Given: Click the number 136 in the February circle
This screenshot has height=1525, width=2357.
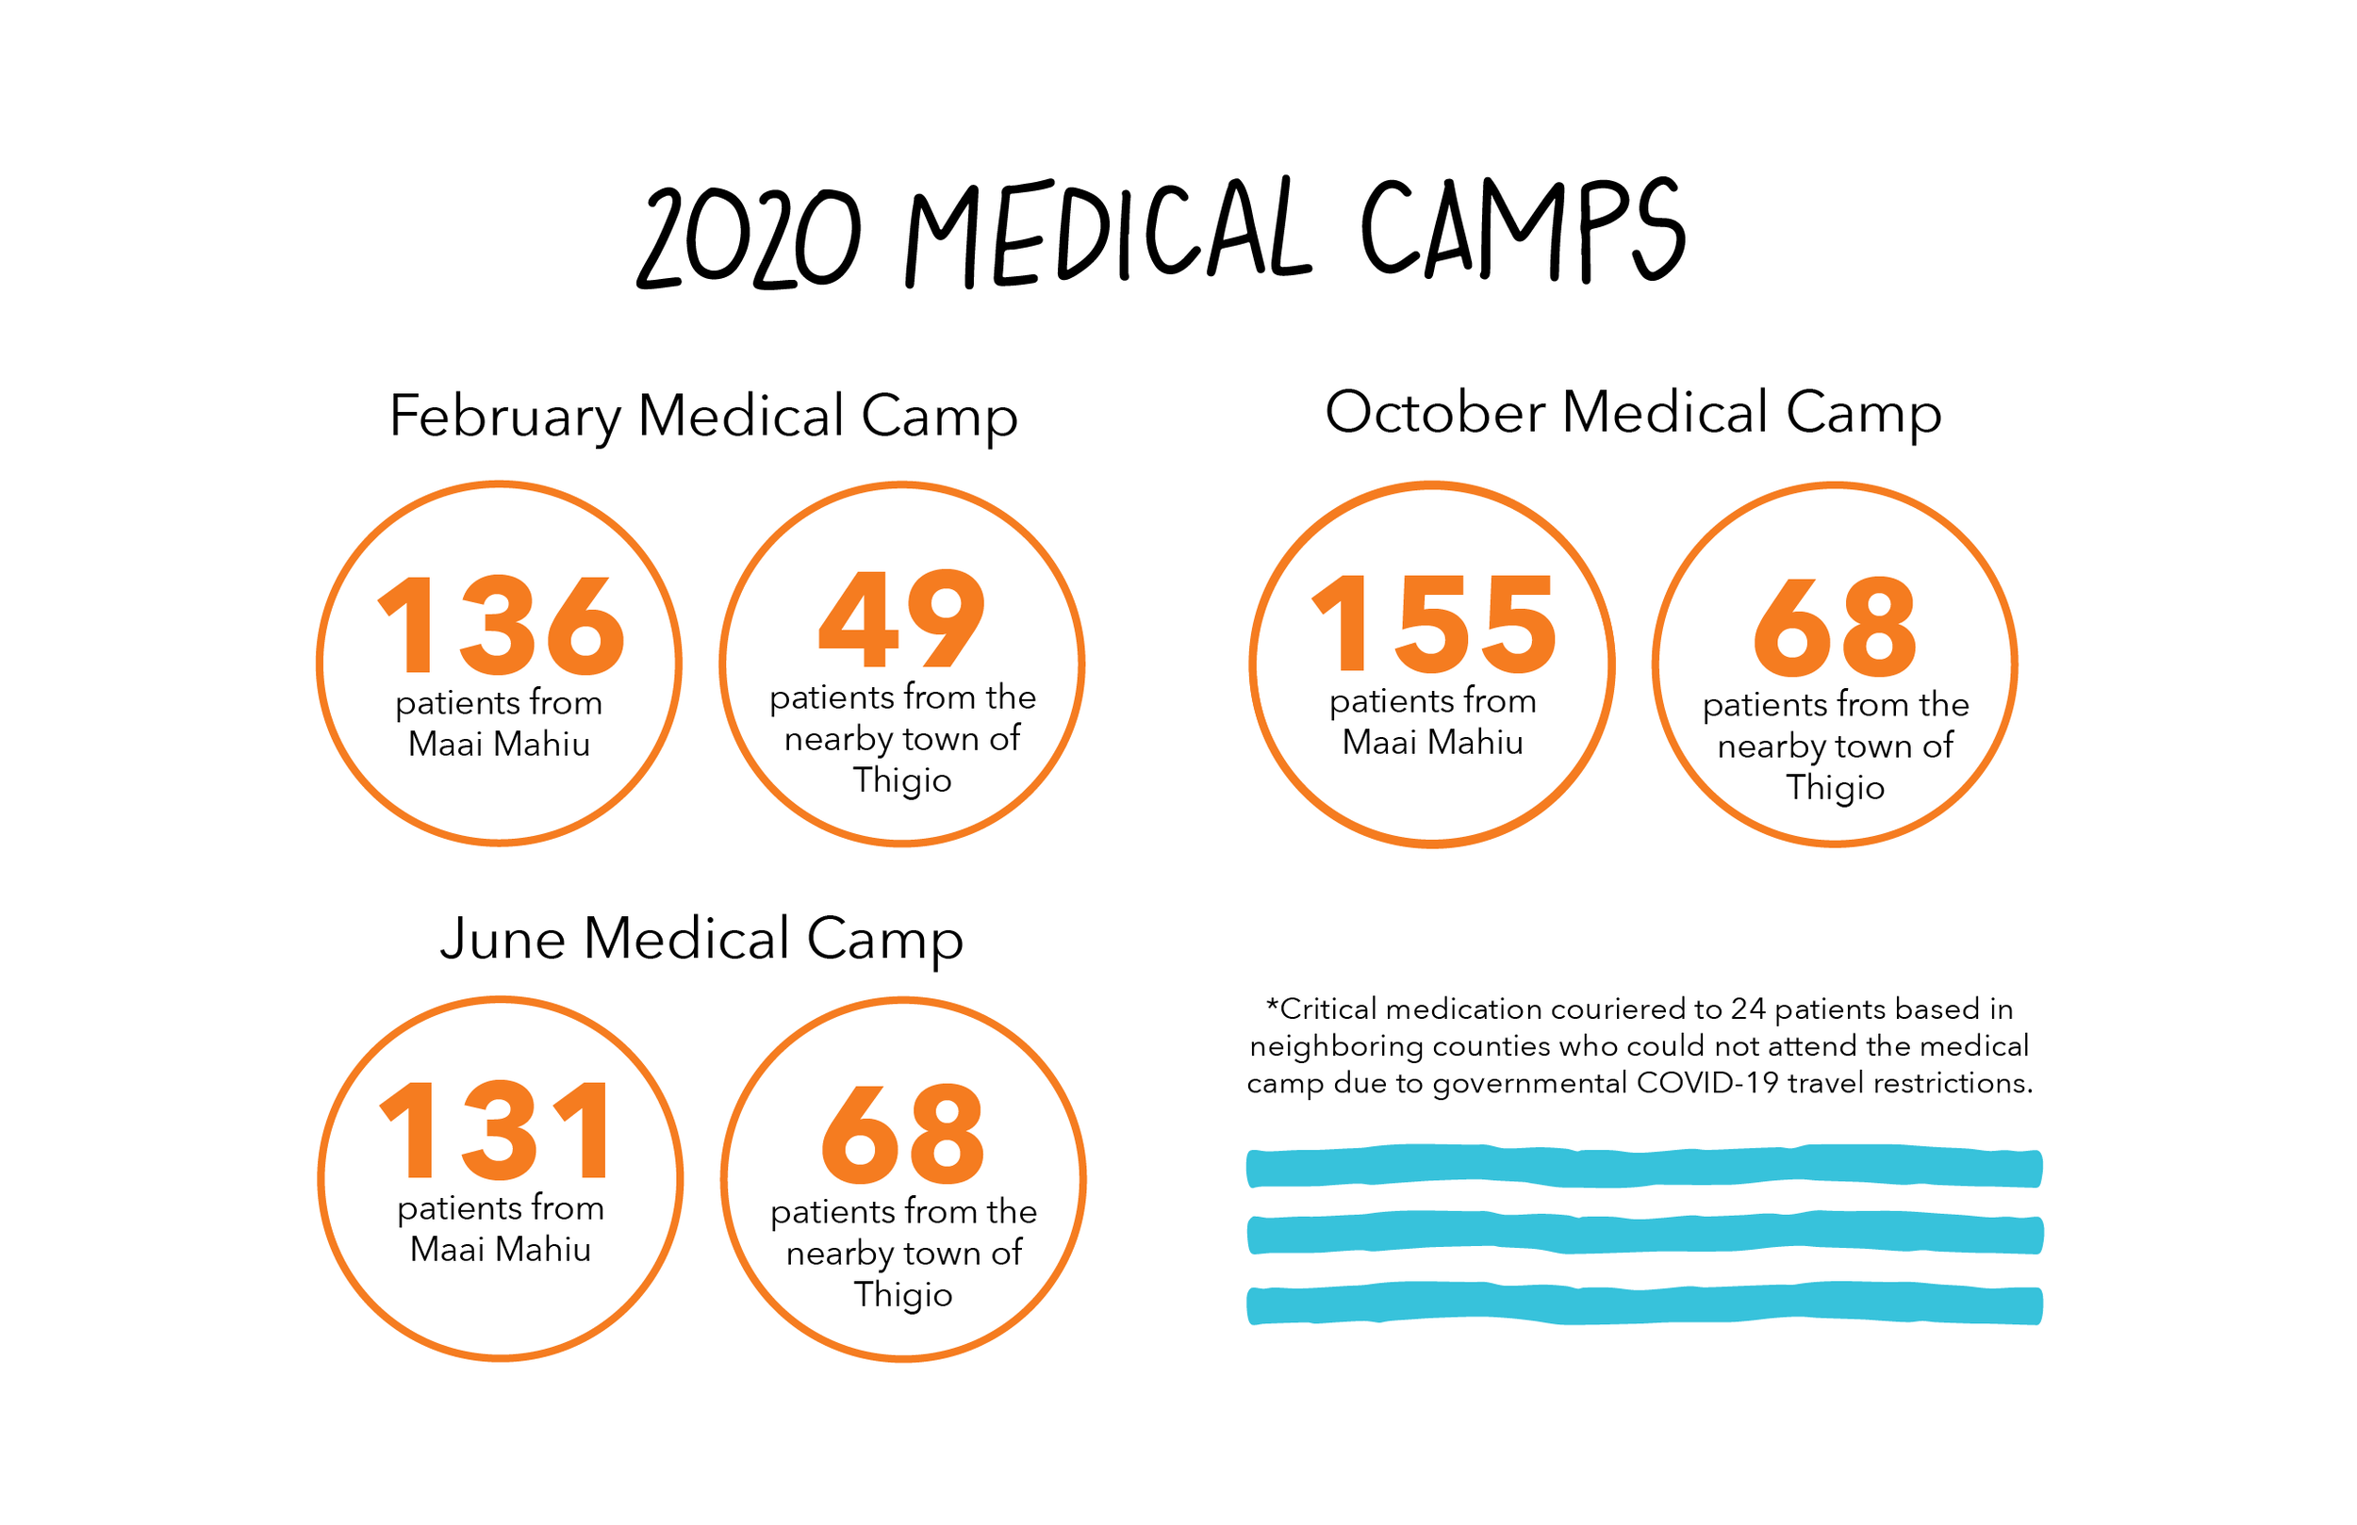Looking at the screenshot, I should point(502,626).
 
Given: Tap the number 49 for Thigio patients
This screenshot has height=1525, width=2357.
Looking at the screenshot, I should point(902,620).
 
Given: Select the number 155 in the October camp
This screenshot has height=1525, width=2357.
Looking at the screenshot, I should point(1434,625).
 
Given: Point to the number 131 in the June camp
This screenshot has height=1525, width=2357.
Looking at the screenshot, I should point(497,1131).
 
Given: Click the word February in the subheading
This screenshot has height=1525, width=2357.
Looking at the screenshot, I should point(505,417).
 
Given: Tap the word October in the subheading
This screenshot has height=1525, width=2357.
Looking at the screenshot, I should point(1434,412).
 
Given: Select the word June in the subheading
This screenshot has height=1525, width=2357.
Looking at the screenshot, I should point(503,939).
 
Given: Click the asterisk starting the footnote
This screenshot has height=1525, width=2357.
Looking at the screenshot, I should point(1273,1006).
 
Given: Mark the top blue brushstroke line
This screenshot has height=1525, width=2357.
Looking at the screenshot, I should point(1644,1167).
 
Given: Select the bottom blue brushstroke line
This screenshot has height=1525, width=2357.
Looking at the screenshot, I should point(1644,1304).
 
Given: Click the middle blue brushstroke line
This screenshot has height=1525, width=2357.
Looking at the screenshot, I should point(1644,1234).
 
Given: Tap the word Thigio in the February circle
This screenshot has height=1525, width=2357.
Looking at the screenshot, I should point(902,780).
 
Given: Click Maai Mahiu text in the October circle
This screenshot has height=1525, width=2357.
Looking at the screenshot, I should point(1432,743).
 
